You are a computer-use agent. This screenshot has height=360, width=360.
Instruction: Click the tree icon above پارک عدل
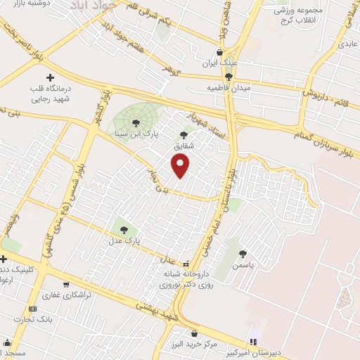(124, 229)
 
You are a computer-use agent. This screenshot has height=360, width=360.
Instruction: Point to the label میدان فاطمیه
(229, 87)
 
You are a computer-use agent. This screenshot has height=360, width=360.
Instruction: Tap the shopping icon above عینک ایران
(220, 52)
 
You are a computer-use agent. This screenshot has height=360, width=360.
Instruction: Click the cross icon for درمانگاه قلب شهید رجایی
(49, 77)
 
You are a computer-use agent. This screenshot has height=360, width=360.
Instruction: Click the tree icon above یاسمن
(243, 254)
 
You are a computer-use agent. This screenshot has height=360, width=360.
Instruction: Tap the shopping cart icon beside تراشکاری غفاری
(66, 285)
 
